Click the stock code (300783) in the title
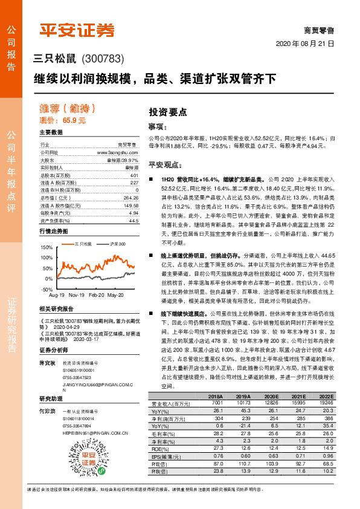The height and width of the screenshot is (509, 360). [x=103, y=59]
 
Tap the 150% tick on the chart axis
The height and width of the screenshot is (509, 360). [x=46, y=247]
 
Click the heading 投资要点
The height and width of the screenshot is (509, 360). [x=168, y=112]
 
